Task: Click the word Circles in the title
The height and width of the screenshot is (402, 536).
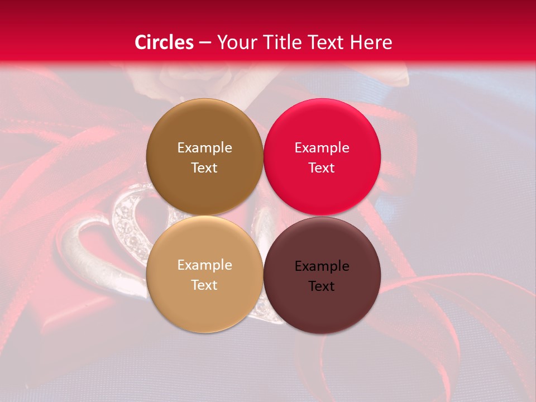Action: tap(164, 42)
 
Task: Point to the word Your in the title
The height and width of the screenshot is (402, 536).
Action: tap(234, 42)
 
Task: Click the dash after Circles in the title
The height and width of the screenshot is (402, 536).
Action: tap(205, 42)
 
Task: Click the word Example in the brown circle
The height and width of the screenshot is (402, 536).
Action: tap(204, 148)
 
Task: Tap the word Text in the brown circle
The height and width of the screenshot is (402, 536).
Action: tap(204, 168)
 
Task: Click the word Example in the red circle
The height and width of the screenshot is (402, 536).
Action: tap(322, 148)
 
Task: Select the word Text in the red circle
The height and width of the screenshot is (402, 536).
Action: tap(322, 168)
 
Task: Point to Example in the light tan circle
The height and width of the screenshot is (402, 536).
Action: tap(204, 265)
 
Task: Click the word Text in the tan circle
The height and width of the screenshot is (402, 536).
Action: tap(204, 285)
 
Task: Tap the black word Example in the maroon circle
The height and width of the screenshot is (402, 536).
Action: tap(322, 266)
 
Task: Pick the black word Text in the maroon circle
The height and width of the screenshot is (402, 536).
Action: tap(322, 286)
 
